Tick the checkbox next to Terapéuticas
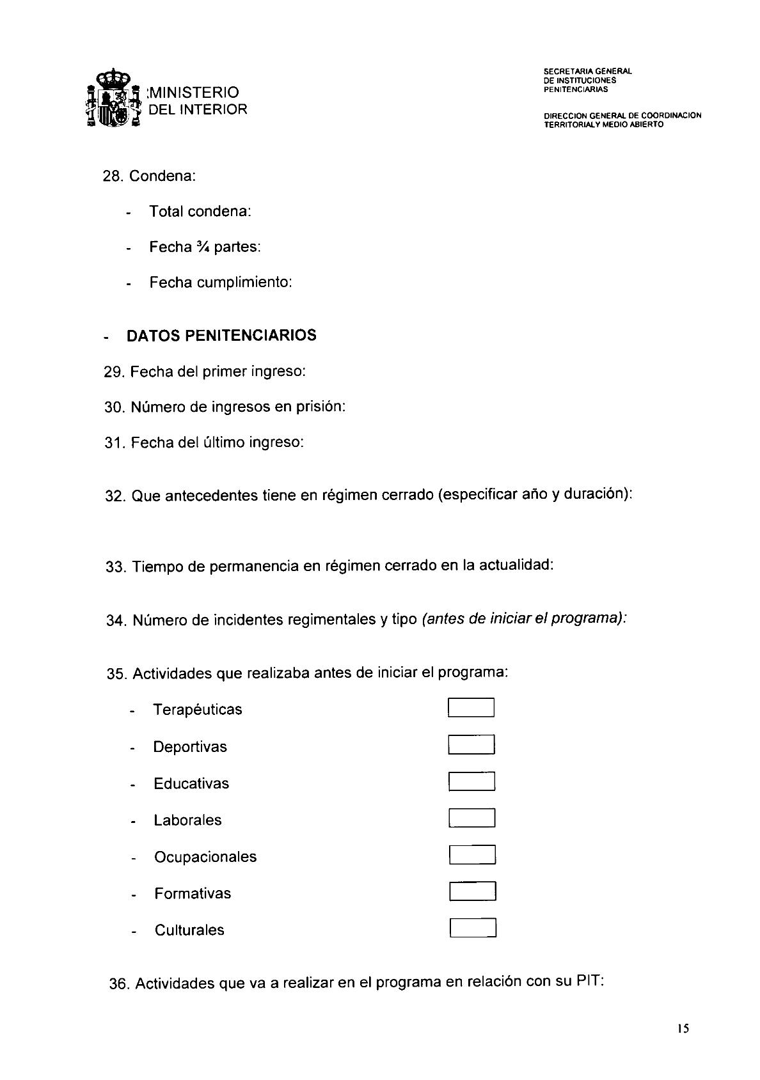point(471,708)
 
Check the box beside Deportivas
point(471,745)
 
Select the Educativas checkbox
point(471,781)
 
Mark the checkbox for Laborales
point(472,818)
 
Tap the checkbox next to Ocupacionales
point(472,855)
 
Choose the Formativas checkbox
point(473,891)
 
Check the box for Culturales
point(473,928)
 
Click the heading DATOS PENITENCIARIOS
point(221,336)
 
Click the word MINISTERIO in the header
point(194,93)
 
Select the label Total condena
point(200,211)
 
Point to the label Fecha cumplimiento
point(220,282)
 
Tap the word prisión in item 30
point(319,407)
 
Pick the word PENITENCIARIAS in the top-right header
point(571,90)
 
